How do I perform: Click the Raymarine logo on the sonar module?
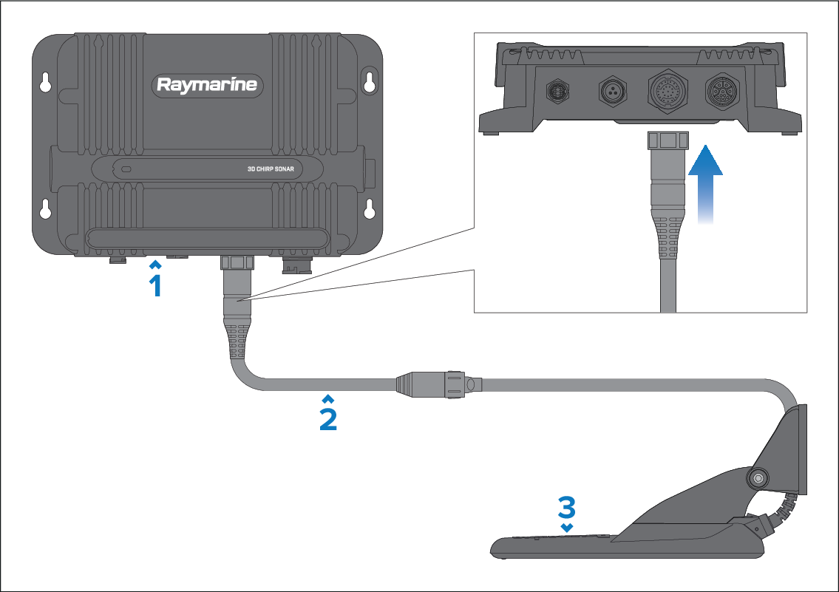click(207, 84)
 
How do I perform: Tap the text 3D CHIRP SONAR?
click(271, 169)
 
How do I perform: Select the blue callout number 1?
click(155, 285)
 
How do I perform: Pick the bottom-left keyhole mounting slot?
click(46, 209)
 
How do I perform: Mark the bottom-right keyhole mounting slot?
click(367, 209)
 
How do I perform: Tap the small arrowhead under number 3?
click(566, 528)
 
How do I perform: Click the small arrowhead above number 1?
click(155, 264)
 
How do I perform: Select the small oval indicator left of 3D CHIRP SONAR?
click(126, 169)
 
